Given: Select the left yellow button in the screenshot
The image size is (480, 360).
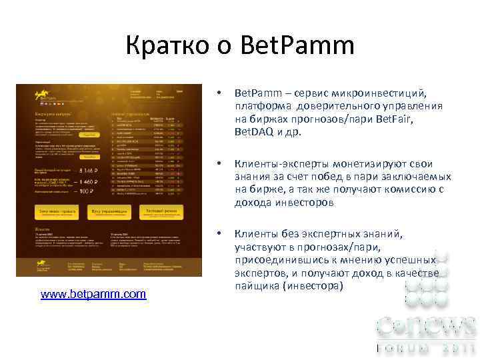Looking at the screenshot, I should [57, 212].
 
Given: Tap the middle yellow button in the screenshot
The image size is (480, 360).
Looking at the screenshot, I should [109, 212].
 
